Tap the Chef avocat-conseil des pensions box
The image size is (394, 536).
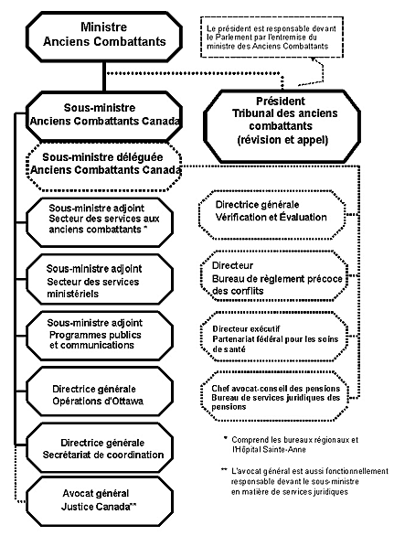(273, 395)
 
